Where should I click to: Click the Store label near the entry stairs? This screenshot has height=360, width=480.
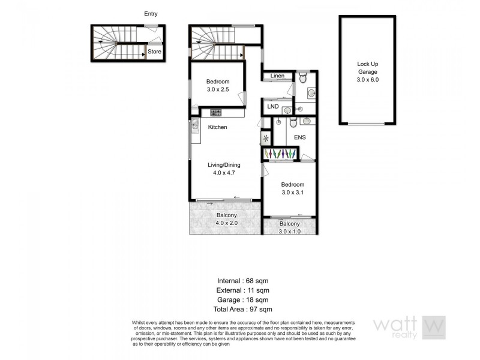[155, 52]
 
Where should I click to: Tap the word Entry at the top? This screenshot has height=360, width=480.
[151, 13]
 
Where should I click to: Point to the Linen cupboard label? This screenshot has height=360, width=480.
[277, 76]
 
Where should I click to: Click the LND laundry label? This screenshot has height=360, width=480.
[273, 107]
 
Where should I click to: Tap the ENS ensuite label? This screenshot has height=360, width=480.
[300, 137]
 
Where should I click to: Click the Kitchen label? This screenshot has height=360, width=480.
[217, 127]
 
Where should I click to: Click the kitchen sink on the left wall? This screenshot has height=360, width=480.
[195, 127]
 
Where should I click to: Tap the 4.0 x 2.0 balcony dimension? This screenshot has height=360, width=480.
[227, 223]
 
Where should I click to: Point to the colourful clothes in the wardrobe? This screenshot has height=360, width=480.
[280, 154]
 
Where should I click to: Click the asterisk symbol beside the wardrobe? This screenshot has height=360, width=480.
[265, 139]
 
